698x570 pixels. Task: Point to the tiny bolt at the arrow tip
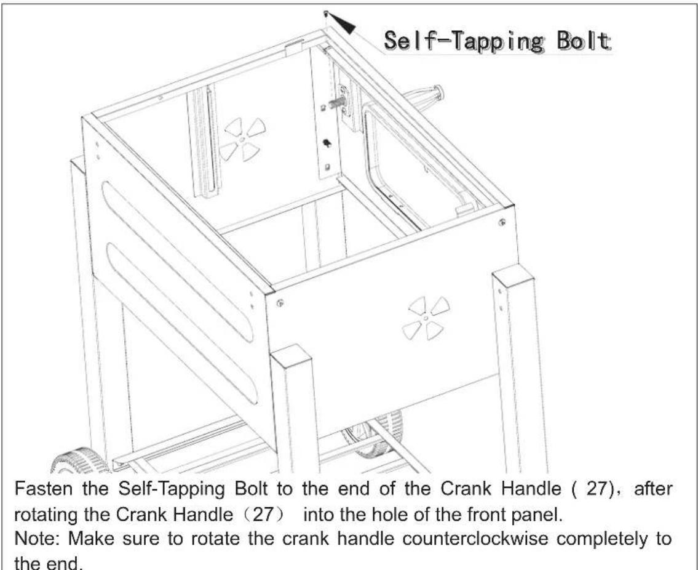(x=326, y=12)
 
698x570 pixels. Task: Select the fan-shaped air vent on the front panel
(x=426, y=318)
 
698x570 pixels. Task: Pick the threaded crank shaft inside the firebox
(x=338, y=103)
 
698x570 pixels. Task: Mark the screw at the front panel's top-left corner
(x=280, y=302)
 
